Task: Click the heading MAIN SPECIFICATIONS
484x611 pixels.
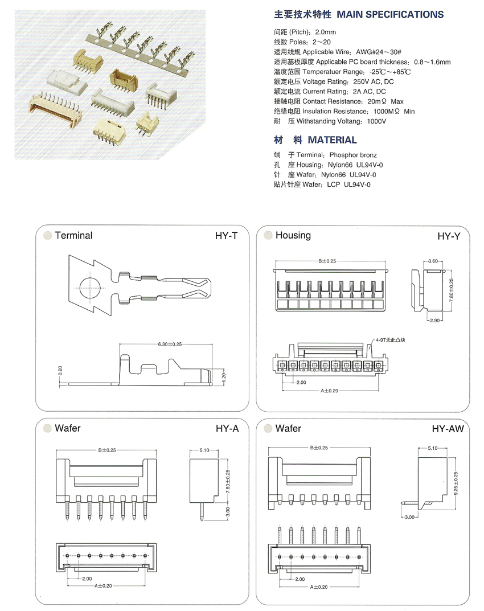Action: (390, 14)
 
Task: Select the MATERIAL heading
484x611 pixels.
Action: (332, 140)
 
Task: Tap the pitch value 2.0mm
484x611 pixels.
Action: (325, 32)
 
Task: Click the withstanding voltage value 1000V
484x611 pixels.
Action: (376, 121)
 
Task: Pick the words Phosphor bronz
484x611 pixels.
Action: (353, 155)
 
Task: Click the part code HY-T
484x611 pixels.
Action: (226, 236)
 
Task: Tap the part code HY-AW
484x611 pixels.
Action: (448, 429)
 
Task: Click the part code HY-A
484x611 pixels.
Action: (227, 429)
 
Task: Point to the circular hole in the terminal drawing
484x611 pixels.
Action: (91, 286)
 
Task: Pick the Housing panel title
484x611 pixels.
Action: (293, 235)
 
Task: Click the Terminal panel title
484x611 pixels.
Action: (73, 235)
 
